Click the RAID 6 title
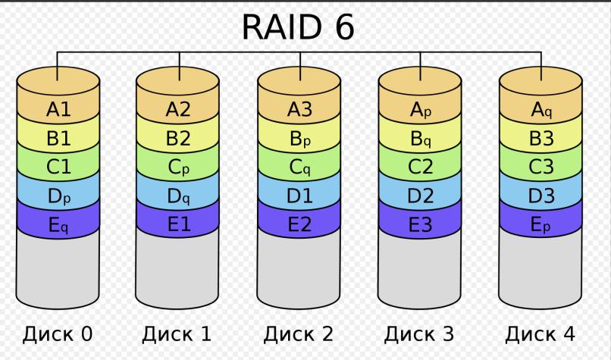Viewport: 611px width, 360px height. coord(298,27)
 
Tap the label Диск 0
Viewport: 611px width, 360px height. coord(58,334)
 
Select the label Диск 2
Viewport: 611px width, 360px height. coord(299,334)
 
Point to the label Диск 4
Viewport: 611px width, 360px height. coord(540,334)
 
